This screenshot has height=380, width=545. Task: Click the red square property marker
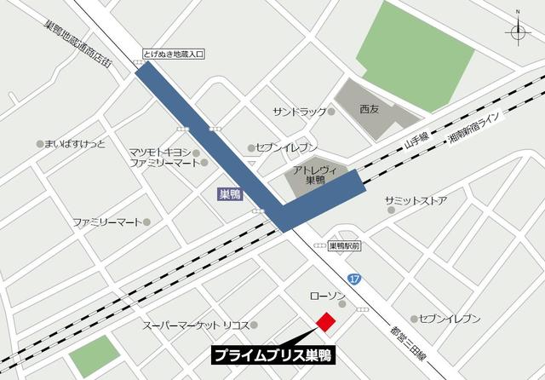pos(325,321)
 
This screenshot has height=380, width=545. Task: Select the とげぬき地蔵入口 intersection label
pos(175,55)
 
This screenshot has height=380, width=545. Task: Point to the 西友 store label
pos(369,109)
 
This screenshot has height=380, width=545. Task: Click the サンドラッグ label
pos(300,112)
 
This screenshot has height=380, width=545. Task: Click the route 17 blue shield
pos(354,279)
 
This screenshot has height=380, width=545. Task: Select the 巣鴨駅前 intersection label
pos(344,245)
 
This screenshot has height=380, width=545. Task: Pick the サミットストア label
pos(416,201)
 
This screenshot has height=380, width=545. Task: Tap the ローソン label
pos(327,296)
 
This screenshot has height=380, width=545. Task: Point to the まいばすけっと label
pos(76,144)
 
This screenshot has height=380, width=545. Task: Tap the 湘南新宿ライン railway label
pos(475,130)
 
